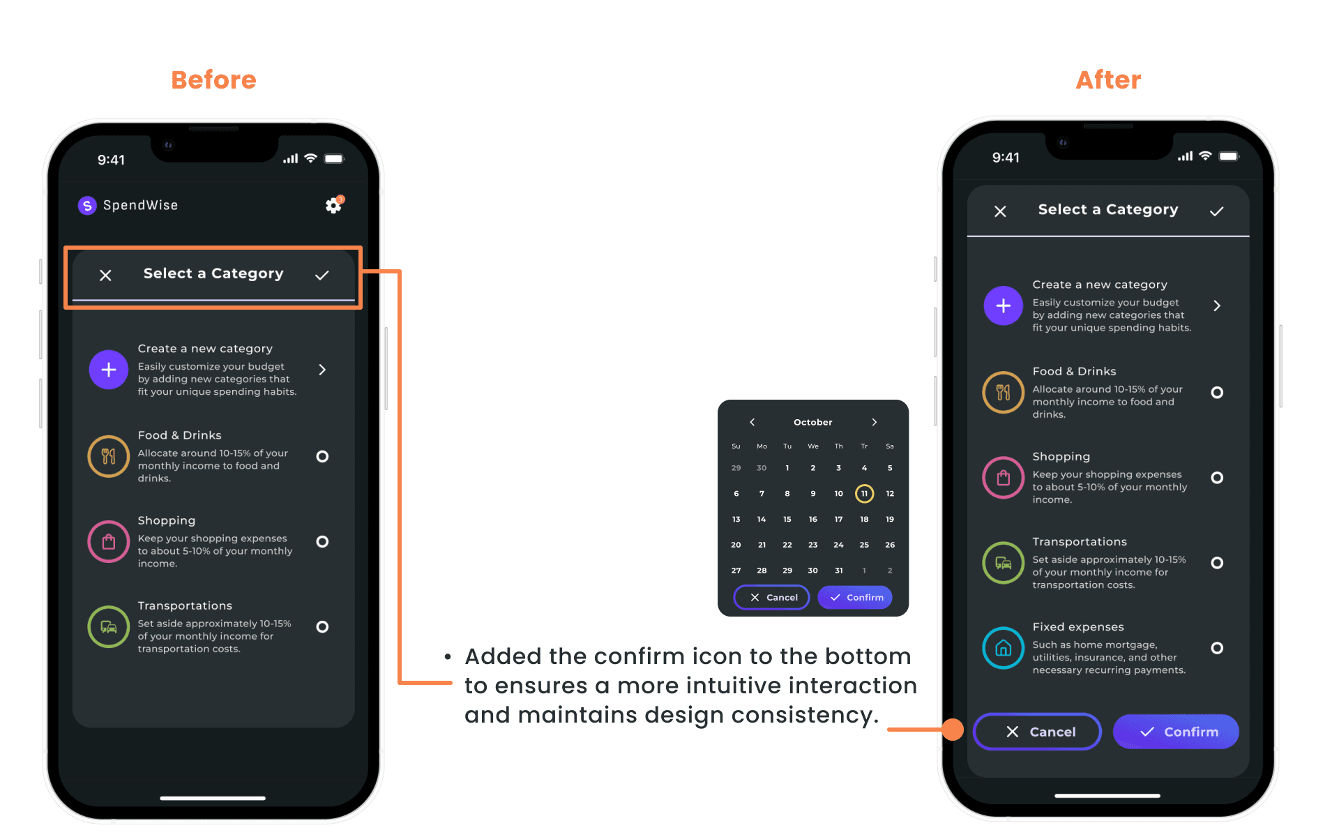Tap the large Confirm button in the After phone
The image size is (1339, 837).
tap(1176, 732)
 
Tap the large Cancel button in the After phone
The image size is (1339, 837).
tap(1037, 732)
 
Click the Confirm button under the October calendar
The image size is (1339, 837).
tap(855, 598)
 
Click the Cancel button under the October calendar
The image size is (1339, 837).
tap(771, 598)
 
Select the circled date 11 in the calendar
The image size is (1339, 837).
tap(864, 494)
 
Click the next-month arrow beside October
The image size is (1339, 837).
tap(875, 422)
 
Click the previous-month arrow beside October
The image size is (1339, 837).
tap(752, 422)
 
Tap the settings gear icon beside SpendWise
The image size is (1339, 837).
tap(334, 205)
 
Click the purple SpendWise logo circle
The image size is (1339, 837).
tap(87, 205)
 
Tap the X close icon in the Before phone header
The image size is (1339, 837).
tap(105, 276)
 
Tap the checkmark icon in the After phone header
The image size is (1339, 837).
tap(1217, 211)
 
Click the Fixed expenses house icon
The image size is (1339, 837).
tap(1004, 648)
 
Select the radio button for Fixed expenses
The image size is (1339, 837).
tap(1217, 648)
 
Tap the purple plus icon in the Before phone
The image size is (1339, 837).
tap(109, 370)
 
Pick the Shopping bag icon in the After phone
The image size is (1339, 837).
tap(1004, 478)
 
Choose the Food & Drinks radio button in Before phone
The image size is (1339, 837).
tap(322, 456)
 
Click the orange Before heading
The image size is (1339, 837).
tap(213, 80)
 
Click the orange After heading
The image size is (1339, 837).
tap(1108, 80)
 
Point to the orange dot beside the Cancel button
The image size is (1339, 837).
tap(953, 730)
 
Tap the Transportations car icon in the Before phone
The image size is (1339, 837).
tap(109, 626)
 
